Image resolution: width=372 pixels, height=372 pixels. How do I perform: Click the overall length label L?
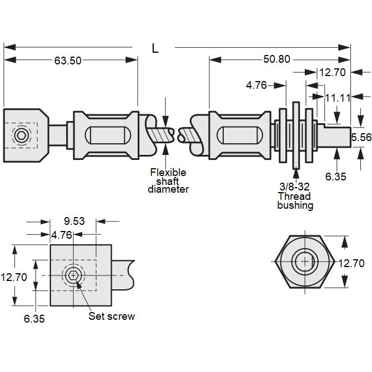pyautogui.click(x=155, y=48)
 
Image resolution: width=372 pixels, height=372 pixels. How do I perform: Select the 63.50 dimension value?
pyautogui.click(x=68, y=61)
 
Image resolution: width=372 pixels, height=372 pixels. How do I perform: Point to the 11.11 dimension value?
pyautogui.click(x=338, y=97)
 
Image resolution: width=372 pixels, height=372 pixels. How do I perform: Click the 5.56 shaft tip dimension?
pyautogui.click(x=361, y=137)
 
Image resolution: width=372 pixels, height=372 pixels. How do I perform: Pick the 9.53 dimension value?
pyautogui.click(x=73, y=220)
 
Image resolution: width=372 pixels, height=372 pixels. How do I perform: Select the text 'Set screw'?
pyautogui.click(x=112, y=316)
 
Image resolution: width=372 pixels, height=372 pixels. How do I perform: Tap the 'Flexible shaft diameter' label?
pyautogui.click(x=168, y=180)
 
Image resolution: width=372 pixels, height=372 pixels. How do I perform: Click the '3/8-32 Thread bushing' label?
pyautogui.click(x=295, y=196)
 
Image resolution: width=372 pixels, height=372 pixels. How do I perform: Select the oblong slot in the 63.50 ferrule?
pyautogui.click(x=105, y=135)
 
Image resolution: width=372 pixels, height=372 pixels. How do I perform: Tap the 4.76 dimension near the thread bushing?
pyautogui.click(x=257, y=85)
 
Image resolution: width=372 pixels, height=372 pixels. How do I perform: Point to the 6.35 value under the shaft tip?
pyautogui.click(x=335, y=176)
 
